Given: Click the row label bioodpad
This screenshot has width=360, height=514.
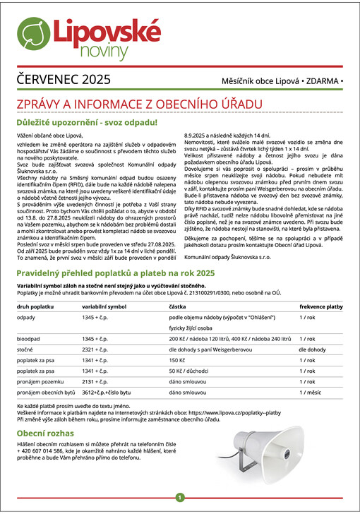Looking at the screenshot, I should pos(30,339).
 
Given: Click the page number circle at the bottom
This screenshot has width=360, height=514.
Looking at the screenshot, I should pos(180,498).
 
